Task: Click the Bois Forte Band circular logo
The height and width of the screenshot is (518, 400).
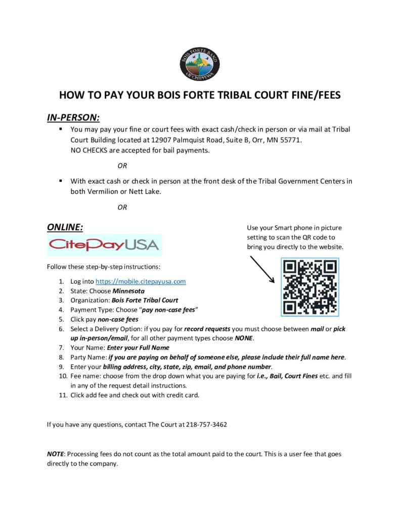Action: click(x=200, y=64)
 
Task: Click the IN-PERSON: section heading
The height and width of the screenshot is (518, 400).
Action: click(x=73, y=117)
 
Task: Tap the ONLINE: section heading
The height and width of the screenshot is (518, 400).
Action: click(x=65, y=227)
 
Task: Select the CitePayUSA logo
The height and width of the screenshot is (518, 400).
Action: click(x=104, y=245)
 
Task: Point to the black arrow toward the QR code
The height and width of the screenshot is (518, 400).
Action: click(x=262, y=268)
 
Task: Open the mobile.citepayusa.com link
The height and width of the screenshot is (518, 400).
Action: click(x=141, y=281)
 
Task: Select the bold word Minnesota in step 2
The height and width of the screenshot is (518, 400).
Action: click(x=128, y=291)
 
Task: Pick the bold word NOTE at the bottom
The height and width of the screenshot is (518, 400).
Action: click(x=56, y=454)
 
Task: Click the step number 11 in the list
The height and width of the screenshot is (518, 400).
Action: click(x=63, y=395)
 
